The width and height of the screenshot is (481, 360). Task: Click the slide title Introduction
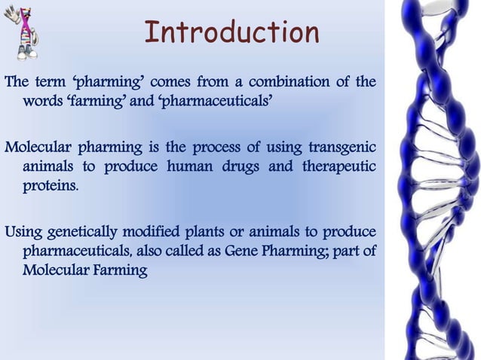(231, 32)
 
